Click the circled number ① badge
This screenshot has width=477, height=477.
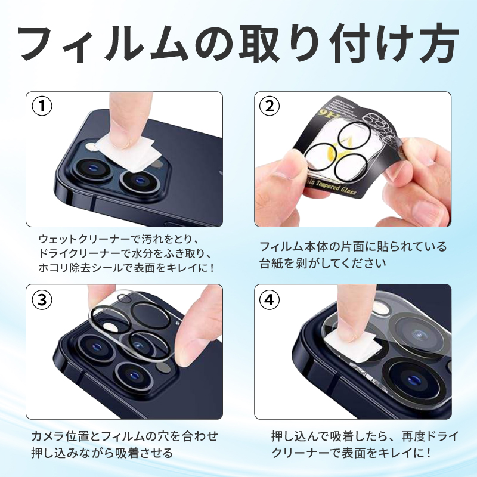(42, 106)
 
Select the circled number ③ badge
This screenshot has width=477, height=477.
(42, 299)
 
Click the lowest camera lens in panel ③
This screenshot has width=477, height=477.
(133, 376)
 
